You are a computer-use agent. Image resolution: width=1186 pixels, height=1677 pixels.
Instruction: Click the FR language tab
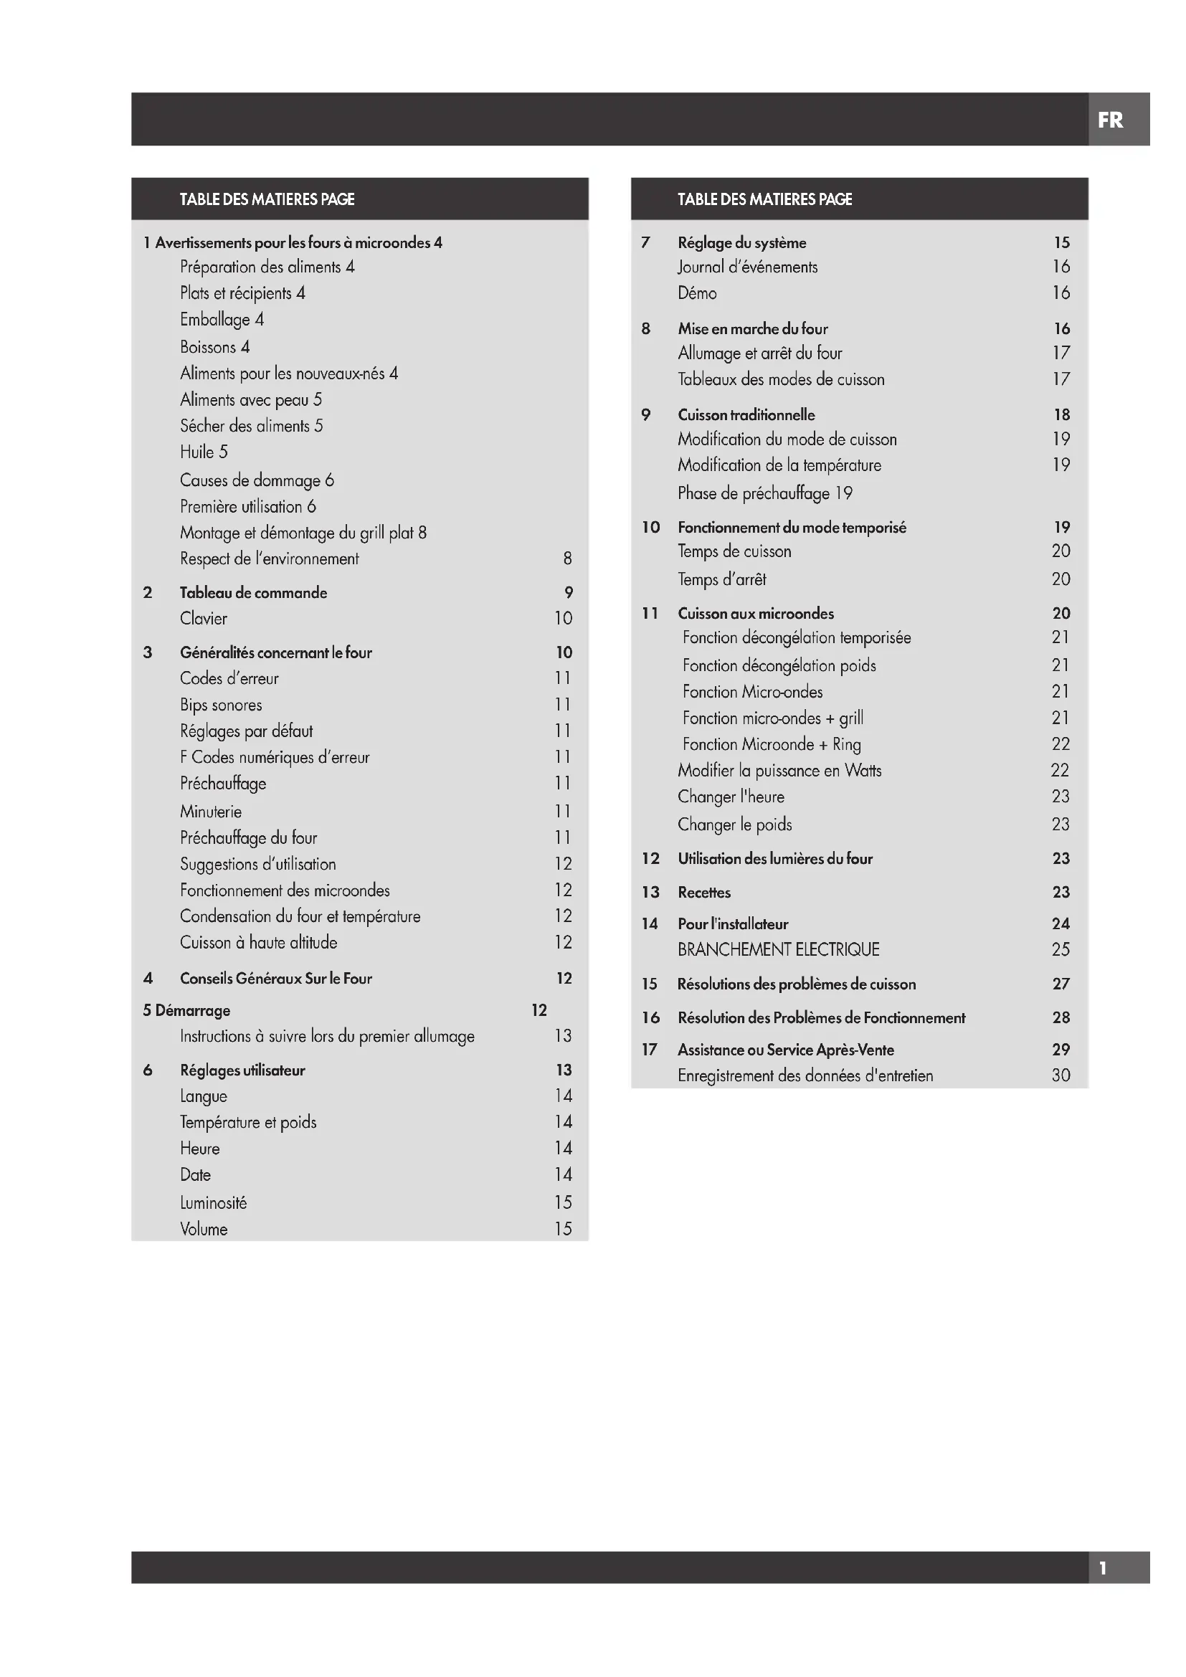pos(1110,120)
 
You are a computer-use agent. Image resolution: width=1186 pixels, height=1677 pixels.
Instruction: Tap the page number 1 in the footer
pos(1103,1567)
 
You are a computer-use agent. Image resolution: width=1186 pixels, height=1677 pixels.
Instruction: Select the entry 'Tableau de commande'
pos(253,592)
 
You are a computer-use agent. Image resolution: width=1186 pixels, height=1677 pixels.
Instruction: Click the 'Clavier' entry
pos(204,619)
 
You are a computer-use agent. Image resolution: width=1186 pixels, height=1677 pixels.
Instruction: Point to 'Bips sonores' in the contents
pos(221,705)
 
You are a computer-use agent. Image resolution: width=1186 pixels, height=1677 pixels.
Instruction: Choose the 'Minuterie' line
pos(210,812)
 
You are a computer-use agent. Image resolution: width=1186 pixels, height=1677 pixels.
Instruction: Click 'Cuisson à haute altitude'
pos(259,942)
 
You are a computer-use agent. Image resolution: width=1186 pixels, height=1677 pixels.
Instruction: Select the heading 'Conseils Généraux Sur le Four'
pos(276,978)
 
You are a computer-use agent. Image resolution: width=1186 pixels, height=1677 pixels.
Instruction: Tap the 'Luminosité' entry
pos(213,1202)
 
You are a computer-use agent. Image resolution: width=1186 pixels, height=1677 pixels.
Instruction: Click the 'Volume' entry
pos(204,1229)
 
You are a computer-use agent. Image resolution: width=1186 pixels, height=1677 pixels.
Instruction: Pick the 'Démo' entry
pos(697,293)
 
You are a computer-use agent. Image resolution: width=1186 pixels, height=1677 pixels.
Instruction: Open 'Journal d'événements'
pos(747,267)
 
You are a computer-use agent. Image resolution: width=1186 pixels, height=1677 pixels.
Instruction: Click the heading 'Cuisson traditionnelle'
pos(746,415)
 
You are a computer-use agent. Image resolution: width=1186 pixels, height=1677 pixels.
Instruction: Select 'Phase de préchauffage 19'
pos(764,493)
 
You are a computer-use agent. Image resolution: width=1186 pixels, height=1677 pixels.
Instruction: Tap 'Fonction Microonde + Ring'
pos(772,744)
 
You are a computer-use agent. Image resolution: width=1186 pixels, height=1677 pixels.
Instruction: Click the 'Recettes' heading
pos(704,892)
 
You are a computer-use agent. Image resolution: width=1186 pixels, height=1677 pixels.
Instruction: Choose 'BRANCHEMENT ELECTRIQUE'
pos(779,949)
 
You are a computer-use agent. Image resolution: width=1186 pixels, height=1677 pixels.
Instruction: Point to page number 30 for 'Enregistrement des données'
pos(1061,1075)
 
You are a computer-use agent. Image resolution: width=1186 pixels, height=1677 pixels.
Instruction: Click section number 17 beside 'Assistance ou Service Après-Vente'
pos(649,1050)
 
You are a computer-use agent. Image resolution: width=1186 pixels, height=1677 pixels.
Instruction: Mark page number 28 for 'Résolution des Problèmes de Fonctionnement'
pos(1061,1017)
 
